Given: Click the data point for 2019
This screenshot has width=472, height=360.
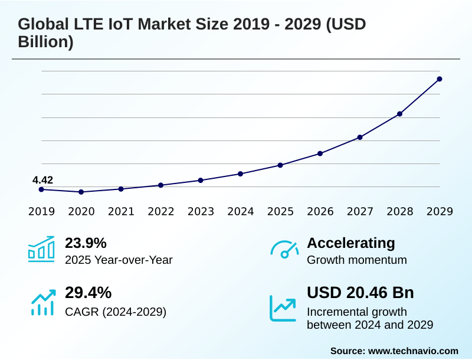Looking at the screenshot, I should (41, 189).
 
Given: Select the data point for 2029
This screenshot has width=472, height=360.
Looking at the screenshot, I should (440, 79).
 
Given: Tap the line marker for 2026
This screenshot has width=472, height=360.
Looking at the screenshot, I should (320, 153).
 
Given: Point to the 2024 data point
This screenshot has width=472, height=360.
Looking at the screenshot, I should (240, 174).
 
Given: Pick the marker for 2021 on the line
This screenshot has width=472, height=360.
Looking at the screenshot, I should (121, 189).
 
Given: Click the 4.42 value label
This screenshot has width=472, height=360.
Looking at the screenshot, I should (42, 180).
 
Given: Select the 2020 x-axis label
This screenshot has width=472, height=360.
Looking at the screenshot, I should (81, 212).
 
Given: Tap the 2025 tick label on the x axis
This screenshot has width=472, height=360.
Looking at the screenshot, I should (280, 212).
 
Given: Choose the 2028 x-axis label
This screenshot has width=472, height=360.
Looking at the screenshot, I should (399, 212).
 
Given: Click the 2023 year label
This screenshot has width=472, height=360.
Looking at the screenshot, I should (201, 212).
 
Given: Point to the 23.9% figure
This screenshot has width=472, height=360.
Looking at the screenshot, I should (86, 243).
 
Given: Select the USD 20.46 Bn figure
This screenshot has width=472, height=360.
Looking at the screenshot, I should (360, 293).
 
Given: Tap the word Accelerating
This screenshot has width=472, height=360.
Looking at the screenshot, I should (351, 243).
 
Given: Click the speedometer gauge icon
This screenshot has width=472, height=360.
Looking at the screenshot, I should (284, 250).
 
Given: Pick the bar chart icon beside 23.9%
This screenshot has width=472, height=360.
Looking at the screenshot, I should (41, 250).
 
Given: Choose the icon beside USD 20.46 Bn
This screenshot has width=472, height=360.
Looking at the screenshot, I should (283, 307).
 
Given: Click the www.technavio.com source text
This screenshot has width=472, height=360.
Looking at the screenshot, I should (413, 351).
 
